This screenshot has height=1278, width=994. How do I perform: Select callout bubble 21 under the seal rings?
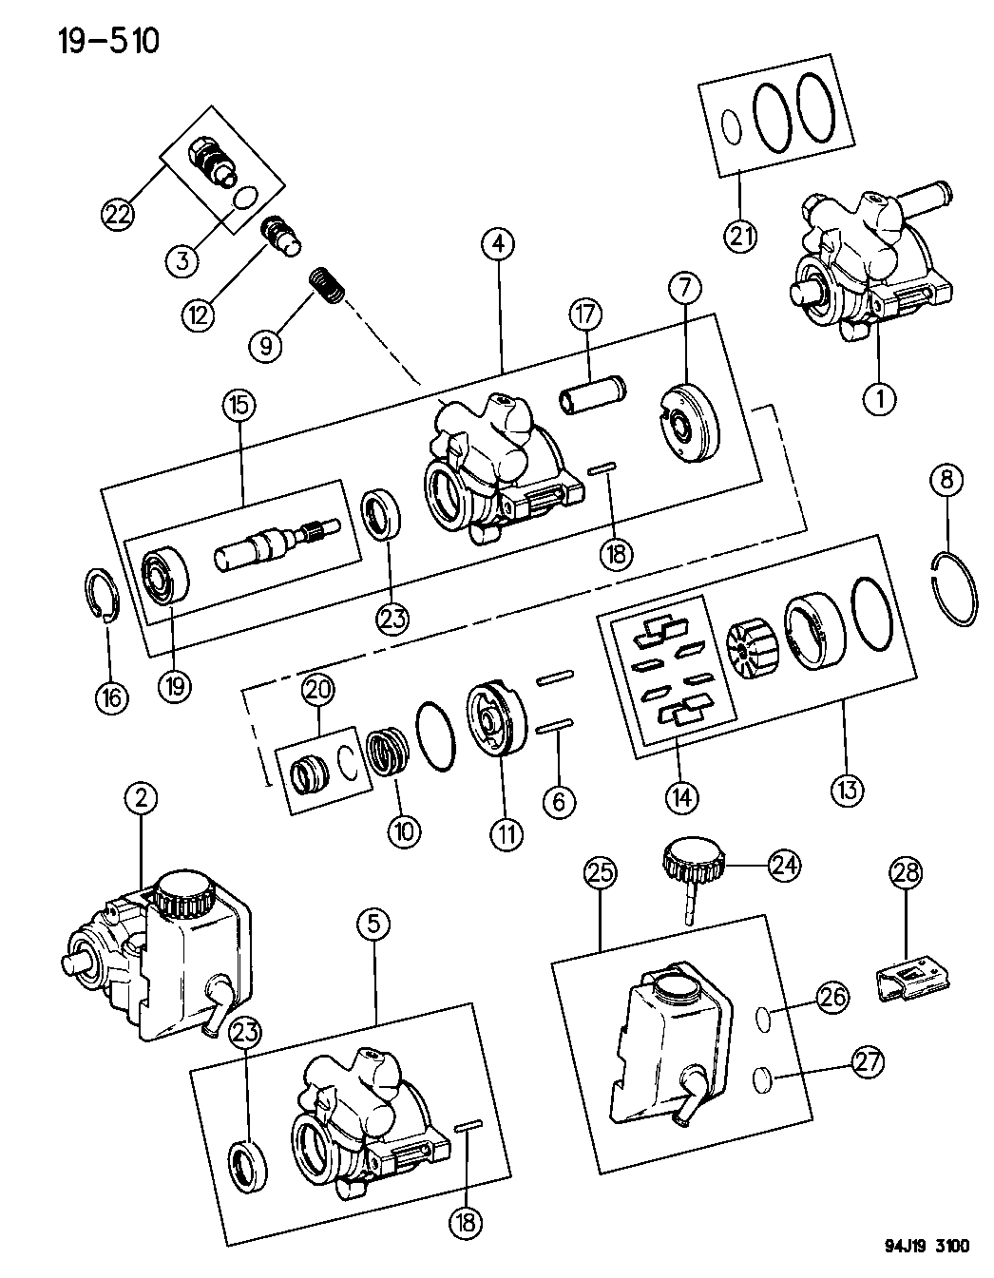(x=742, y=234)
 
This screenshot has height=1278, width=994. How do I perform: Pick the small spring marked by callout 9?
(x=325, y=286)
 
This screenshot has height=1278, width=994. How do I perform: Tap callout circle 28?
(x=906, y=873)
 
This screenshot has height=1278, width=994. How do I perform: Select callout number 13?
(x=845, y=787)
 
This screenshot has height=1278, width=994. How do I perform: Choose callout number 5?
(x=373, y=922)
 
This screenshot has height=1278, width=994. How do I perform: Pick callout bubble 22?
(x=118, y=215)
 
